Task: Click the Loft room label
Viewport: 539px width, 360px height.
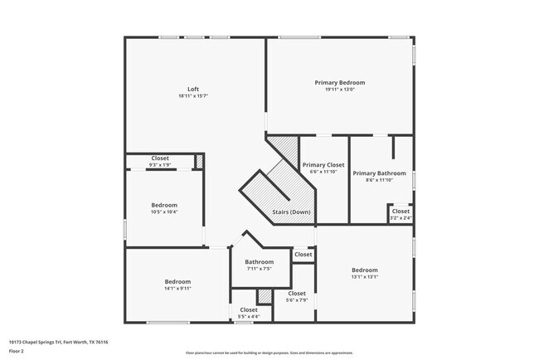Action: [193, 89]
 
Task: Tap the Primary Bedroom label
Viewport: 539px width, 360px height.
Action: [339, 82]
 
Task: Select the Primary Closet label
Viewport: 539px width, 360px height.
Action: [323, 164]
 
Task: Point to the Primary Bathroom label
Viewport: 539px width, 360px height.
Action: [379, 173]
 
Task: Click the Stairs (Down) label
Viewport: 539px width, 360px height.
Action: [291, 212]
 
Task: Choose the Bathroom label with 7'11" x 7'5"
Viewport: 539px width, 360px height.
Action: [259, 262]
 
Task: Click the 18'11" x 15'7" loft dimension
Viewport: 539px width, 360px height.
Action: [193, 96]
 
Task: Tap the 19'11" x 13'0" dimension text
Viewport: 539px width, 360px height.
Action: [339, 90]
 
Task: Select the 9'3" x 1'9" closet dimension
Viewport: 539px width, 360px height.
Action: [160, 165]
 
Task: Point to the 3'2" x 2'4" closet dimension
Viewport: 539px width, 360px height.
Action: [401, 218]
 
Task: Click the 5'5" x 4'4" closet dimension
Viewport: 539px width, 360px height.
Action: [249, 317]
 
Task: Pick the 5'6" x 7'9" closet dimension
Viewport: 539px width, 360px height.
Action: [297, 300]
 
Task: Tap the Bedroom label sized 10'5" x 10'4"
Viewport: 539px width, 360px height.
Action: [164, 205]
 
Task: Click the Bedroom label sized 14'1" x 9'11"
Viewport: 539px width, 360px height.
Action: [177, 281]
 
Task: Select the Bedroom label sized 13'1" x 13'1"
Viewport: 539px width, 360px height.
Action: [365, 270]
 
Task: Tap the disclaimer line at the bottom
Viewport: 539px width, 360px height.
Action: [269, 353]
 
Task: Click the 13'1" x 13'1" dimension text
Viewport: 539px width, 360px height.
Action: [365, 277]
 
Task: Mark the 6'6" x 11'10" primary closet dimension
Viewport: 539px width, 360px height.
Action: [323, 172]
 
